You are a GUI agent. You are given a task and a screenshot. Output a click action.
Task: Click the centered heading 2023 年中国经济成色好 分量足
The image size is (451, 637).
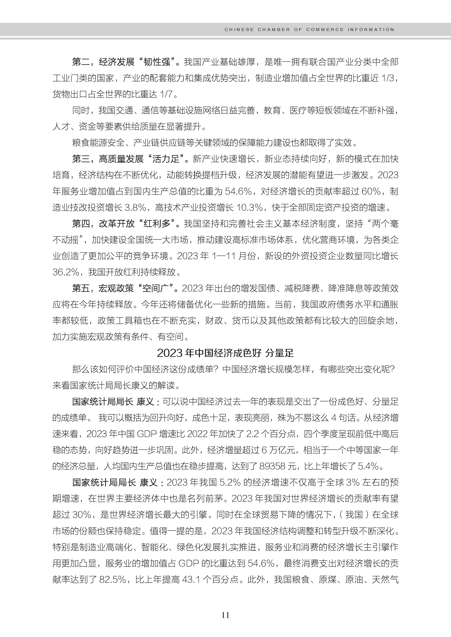(225, 353)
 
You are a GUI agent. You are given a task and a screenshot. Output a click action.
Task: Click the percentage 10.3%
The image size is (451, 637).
(249, 208)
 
